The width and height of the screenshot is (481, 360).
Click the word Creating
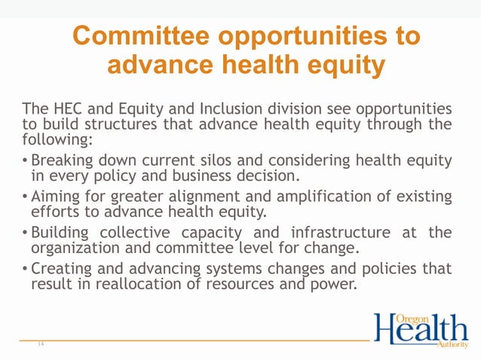point(62,269)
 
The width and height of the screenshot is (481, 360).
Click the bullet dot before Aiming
point(26,197)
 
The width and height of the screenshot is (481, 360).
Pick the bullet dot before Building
point(26,233)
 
